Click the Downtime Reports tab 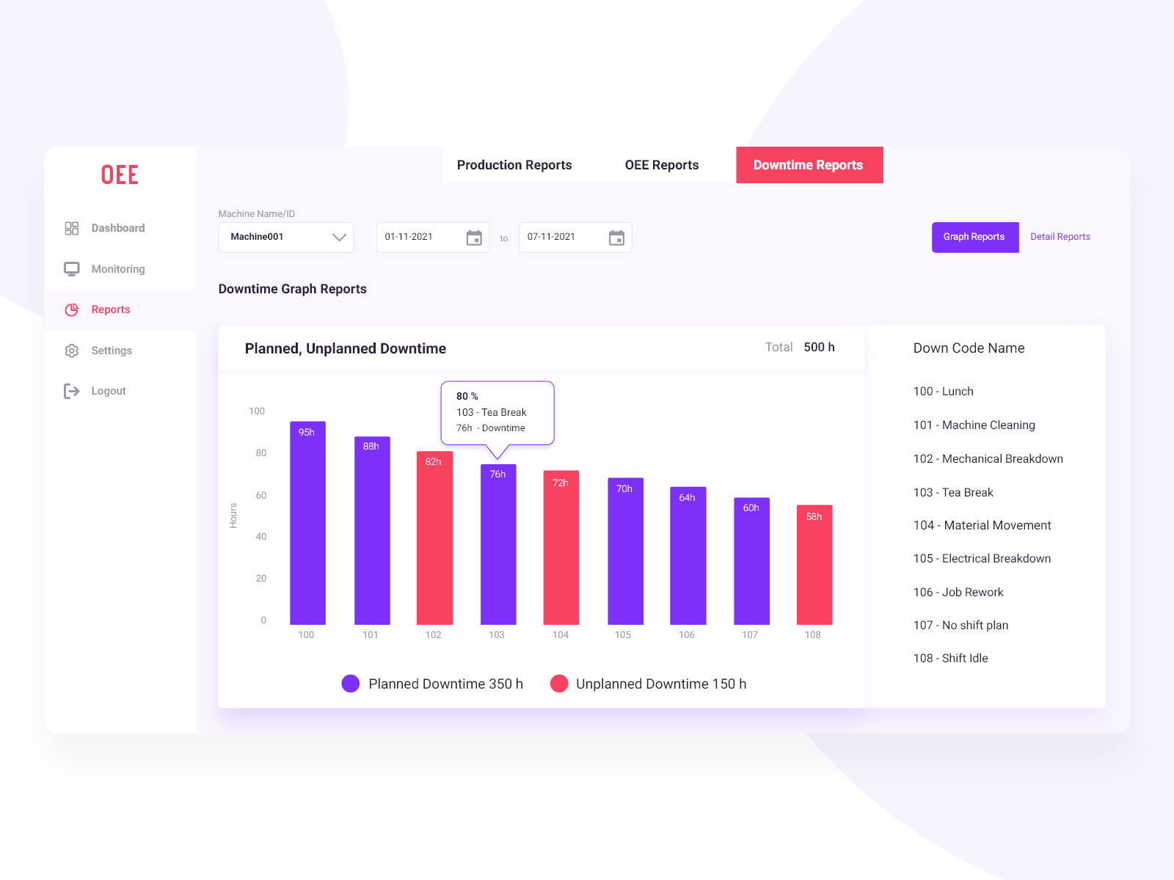click(809, 165)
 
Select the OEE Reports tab click(661, 165)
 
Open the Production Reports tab click(514, 165)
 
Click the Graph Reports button click(974, 237)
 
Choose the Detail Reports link click(1060, 237)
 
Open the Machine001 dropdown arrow click(339, 237)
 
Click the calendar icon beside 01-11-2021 click(474, 238)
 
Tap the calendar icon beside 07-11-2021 click(616, 238)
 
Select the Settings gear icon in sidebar click(71, 351)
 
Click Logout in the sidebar click(108, 391)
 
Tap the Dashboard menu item click(117, 228)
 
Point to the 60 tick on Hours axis click(261, 495)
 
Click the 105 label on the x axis click(623, 635)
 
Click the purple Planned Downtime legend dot click(351, 683)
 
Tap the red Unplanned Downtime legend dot click(559, 683)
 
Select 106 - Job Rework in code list click(958, 592)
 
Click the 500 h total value click(819, 347)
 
